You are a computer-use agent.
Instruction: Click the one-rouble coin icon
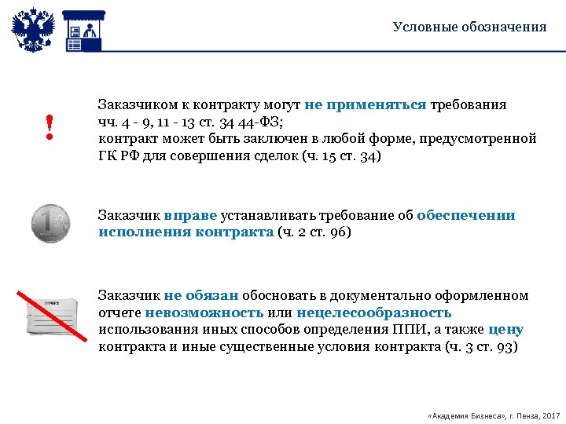click(x=50, y=223)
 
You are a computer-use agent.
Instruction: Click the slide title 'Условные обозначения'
click(x=469, y=27)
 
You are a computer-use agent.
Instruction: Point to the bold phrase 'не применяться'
click(x=366, y=104)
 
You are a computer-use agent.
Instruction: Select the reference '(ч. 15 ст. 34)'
click(x=340, y=155)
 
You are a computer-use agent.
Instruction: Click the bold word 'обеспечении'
click(x=466, y=215)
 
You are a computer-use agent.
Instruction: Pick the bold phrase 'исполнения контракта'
click(x=186, y=232)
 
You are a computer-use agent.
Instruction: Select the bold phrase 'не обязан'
click(x=201, y=296)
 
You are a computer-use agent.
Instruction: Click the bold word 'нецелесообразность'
click(x=374, y=313)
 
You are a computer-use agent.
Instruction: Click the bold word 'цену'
click(x=505, y=331)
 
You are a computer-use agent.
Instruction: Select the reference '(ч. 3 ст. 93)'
click(x=481, y=347)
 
